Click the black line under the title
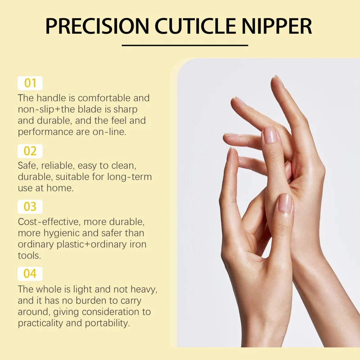[x=185, y=45]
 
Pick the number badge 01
[x=30, y=83]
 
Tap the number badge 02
[x=30, y=151]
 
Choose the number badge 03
[x=30, y=207]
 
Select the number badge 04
[x=30, y=274]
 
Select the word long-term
[x=130, y=177]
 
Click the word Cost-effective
[x=49, y=222]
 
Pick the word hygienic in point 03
[x=62, y=234]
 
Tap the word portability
[x=107, y=324]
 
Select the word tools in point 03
[x=29, y=256]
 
